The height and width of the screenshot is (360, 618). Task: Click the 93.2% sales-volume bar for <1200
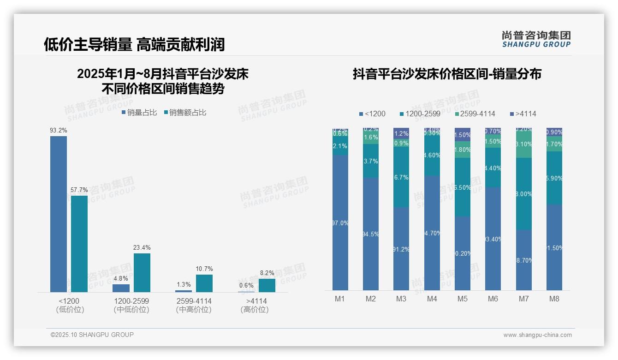(x=59, y=214)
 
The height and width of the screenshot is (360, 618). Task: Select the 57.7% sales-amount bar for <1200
(x=79, y=244)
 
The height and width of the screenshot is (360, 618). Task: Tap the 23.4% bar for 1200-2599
(x=142, y=272)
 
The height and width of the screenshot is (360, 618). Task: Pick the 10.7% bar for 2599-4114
(x=204, y=283)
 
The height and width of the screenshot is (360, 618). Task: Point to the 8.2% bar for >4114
(x=267, y=285)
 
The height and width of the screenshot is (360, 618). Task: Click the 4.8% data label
(x=121, y=278)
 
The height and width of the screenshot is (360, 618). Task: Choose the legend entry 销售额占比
(x=184, y=113)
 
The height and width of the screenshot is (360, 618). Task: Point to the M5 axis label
(x=463, y=299)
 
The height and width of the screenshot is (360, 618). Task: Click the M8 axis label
(x=554, y=299)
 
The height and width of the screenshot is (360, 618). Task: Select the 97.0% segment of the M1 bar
(x=340, y=222)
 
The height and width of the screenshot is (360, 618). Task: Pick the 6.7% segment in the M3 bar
(x=401, y=177)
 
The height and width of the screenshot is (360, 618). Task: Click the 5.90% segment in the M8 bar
(x=554, y=178)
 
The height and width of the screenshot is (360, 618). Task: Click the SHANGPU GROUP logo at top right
(x=536, y=39)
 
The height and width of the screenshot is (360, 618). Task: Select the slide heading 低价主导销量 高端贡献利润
(x=134, y=44)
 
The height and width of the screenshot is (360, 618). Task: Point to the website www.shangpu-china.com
(x=537, y=335)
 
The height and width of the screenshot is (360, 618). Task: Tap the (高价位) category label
(x=254, y=310)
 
